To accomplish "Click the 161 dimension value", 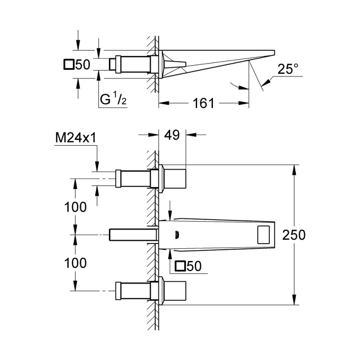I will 203,103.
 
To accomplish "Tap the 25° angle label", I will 288,70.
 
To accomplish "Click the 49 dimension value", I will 172,134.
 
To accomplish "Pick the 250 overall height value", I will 295,235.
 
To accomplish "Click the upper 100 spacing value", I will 75,207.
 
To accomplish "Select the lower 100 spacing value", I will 75,263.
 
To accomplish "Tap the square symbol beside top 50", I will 69,65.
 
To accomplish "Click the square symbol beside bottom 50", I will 181,266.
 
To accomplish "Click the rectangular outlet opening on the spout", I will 264,235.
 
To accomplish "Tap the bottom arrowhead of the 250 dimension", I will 294,302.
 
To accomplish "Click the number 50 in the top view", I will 83,65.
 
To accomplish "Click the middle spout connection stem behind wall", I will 133,235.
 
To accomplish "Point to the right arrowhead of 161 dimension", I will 246,103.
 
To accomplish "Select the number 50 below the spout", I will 194,266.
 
